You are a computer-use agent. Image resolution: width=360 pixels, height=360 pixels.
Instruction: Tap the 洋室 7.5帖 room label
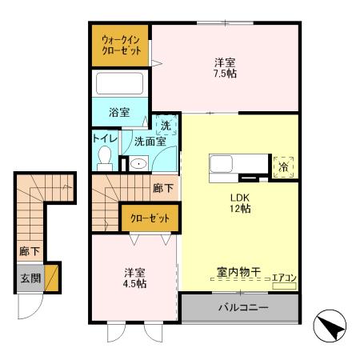point(225,68)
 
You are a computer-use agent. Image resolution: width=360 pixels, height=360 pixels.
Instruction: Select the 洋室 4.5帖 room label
point(134,278)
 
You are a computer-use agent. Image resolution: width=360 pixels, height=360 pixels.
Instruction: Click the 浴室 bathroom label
point(119,112)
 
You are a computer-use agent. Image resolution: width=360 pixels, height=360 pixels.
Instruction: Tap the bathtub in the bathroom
point(119,83)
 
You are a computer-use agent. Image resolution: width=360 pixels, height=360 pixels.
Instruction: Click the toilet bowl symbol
point(105,158)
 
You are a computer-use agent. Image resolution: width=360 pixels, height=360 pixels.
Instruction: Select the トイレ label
point(105,138)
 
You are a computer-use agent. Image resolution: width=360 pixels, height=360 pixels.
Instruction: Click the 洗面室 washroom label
point(150,142)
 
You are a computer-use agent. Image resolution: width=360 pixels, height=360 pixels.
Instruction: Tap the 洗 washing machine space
point(165,125)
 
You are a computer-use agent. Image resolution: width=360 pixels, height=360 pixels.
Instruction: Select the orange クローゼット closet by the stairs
point(150,217)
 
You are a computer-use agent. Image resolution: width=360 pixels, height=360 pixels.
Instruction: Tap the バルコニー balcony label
point(241,307)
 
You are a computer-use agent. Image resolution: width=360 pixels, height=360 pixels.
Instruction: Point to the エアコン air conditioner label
point(283,278)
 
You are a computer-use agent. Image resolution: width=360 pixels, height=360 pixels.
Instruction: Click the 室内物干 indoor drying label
point(238,273)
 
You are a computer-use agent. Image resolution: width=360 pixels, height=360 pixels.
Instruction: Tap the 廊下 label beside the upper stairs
point(162,188)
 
